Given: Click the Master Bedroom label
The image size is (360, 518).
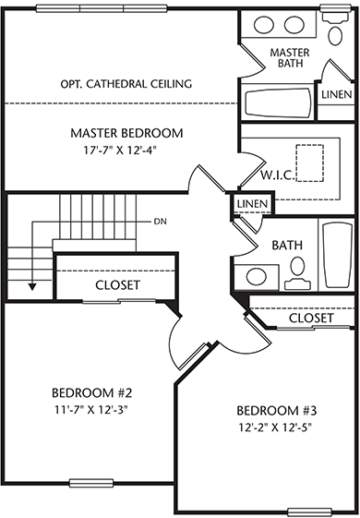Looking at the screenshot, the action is pos(126,133).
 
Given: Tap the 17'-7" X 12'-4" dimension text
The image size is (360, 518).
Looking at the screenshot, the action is pos(120,151).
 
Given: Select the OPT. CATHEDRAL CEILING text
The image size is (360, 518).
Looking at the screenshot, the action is pos(126,84).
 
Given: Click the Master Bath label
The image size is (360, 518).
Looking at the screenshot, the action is pos(290,57).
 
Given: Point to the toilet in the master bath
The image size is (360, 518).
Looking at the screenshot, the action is pos(335,29).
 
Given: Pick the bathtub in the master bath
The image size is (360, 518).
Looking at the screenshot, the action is pos(278,102).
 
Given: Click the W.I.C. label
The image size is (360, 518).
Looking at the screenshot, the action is pos(278,175).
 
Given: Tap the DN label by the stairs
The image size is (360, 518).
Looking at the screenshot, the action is pos(161,222).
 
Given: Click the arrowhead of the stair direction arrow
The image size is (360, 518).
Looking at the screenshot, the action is pos(32,287).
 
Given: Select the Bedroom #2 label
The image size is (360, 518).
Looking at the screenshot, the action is pos(91,392).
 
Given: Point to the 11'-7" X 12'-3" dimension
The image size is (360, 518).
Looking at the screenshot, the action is pos(91,410).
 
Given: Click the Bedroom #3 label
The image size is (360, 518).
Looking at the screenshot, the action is pos(276,411).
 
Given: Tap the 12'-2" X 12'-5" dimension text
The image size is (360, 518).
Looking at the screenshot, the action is pos(275,428).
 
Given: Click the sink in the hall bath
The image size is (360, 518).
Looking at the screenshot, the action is pos(257,276).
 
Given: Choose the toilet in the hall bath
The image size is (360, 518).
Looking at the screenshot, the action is pos(297,273).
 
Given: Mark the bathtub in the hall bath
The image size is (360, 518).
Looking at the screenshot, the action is pos(338,256).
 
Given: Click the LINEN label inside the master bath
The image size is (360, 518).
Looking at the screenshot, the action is pos(337,94).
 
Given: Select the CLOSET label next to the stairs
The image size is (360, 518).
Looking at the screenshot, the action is pos(117,284).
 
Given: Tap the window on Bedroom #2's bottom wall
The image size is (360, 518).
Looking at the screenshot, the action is pos(91,483).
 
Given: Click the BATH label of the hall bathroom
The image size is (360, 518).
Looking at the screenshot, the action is pos(287,245).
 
